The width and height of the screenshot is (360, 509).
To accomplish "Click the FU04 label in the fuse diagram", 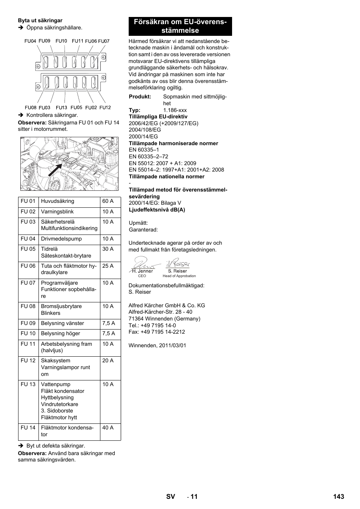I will [30, 41].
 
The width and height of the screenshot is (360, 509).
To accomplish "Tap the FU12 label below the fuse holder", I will [105, 107].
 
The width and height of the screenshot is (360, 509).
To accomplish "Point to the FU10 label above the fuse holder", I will [61, 41].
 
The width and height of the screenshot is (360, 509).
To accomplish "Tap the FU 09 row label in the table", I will [28, 323].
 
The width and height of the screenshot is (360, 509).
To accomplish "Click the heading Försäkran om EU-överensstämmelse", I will [180, 26].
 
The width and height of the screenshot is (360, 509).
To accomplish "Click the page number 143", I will [338, 497].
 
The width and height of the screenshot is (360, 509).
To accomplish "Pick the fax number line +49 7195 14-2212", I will [157, 332].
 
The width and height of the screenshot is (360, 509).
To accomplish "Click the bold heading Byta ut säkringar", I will [40, 21].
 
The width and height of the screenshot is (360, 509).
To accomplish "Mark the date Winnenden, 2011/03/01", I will [157, 345].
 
